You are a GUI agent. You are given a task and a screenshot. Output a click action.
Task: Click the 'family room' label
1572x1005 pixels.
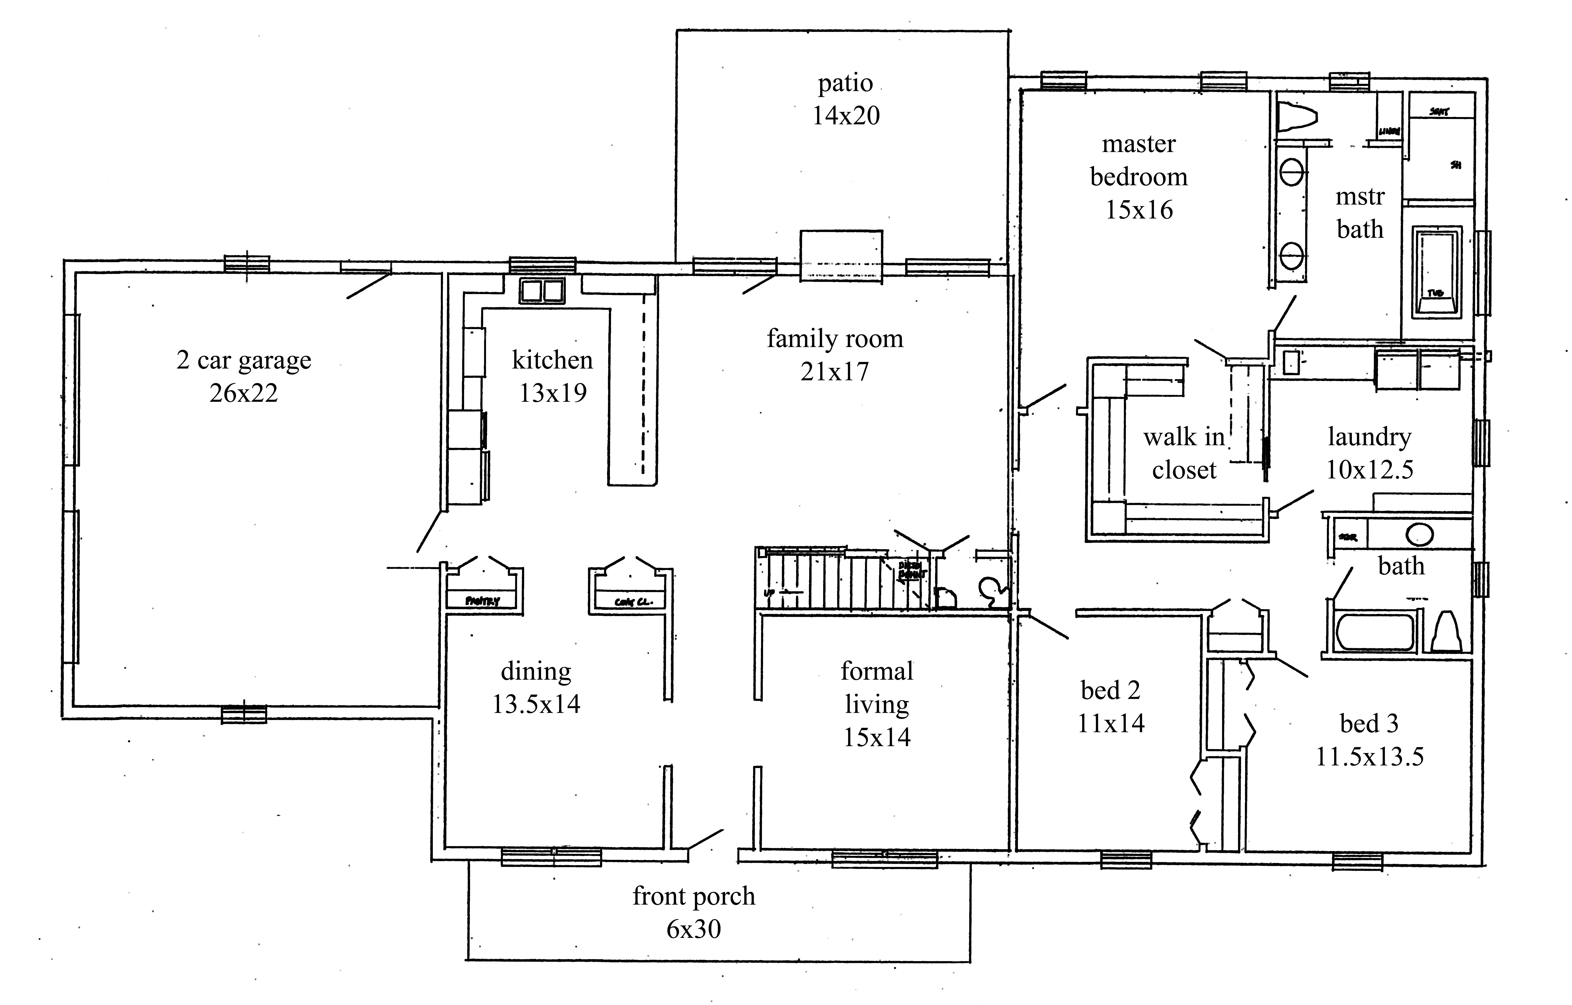(x=835, y=339)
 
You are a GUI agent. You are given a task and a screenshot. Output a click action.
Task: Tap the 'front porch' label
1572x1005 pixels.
(x=693, y=896)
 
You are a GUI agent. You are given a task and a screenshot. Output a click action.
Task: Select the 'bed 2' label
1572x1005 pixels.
(x=1110, y=690)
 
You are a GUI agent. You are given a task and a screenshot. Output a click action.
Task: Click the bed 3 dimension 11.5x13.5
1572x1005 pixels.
(x=1369, y=756)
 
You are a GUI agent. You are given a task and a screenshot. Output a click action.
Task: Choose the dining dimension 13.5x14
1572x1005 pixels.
(x=536, y=704)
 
